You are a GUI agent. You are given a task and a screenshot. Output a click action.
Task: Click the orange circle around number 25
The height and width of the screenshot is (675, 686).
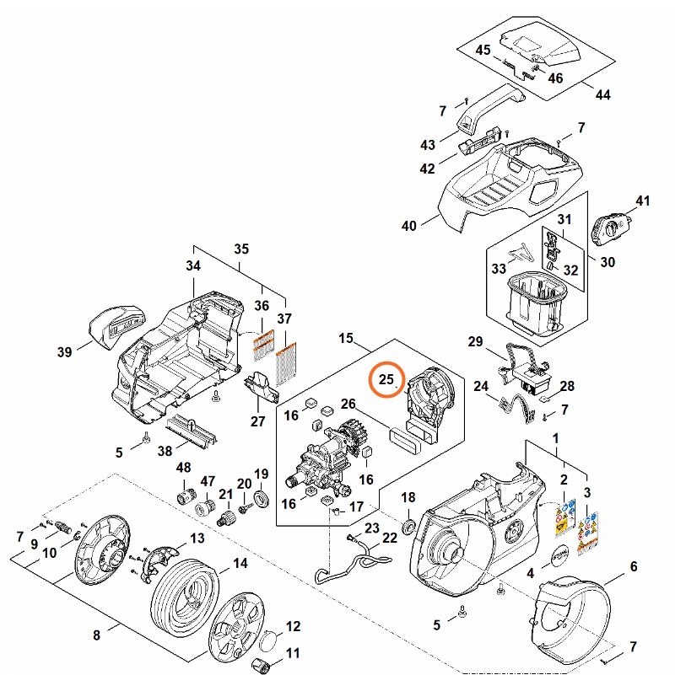(x=387, y=379)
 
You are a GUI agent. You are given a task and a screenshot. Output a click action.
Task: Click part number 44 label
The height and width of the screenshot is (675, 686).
(x=602, y=94)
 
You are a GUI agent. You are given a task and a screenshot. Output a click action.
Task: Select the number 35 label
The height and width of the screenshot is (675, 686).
(x=241, y=249)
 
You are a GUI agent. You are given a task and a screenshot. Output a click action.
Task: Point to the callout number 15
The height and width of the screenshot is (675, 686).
(x=346, y=338)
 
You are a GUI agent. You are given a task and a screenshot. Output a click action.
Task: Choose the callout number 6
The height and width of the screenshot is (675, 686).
(x=633, y=567)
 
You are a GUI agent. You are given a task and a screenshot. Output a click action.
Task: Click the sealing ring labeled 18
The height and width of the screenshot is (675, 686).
(x=407, y=527)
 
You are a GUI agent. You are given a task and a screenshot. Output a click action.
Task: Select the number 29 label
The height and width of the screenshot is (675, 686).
(x=475, y=342)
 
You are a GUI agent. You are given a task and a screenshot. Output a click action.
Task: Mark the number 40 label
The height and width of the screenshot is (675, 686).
(x=409, y=226)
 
